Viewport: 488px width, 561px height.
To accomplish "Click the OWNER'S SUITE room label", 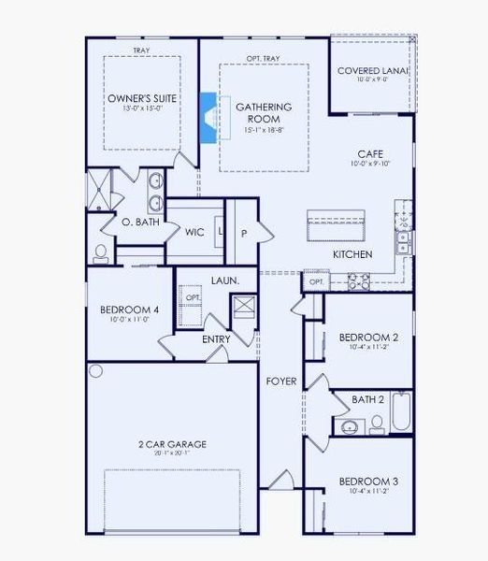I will pyautogui.click(x=141, y=98).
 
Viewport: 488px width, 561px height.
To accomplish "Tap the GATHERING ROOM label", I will pyautogui.click(x=264, y=113).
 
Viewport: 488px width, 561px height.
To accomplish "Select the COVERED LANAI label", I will pyautogui.click(x=372, y=70).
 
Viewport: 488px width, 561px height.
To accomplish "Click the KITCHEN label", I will pyautogui.click(x=352, y=254).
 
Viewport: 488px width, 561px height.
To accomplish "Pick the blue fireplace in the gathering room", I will pyautogui.click(x=209, y=118).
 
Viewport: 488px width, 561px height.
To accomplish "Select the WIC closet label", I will pyautogui.click(x=194, y=232).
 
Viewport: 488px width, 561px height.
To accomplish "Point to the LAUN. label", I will pyautogui.click(x=223, y=280).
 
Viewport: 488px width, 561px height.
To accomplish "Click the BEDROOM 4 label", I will pyautogui.click(x=129, y=309).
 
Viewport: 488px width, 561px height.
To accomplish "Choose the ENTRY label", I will pyautogui.click(x=217, y=338).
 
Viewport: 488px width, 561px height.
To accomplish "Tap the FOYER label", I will pyautogui.click(x=280, y=381).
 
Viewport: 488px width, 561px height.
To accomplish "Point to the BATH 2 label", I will pyautogui.click(x=367, y=399).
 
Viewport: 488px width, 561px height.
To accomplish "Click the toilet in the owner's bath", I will pyautogui.click(x=101, y=252).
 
